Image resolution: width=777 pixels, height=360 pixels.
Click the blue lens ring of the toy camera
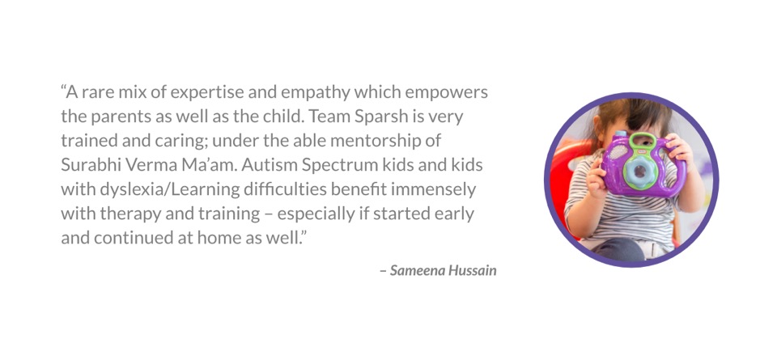pos(639,172)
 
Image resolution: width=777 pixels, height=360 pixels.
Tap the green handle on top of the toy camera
pos(642,139)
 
